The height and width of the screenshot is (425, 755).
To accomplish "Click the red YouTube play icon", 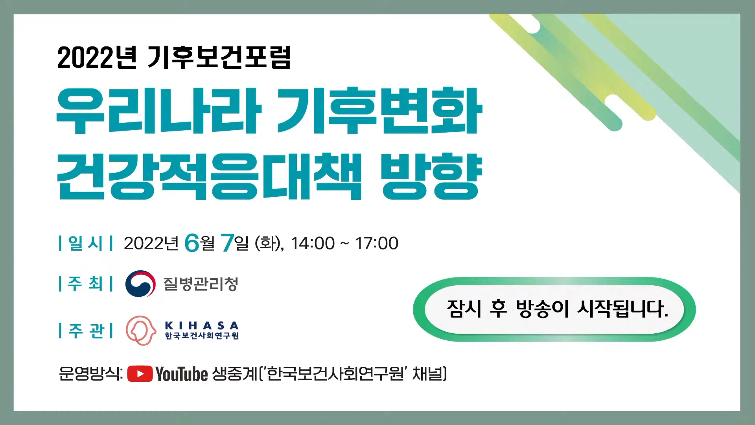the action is click(140, 374).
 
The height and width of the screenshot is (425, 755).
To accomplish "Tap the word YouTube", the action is click(182, 374).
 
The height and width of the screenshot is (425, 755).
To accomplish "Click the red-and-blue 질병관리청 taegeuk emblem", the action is click(140, 284).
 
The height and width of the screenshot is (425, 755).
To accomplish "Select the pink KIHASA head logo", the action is click(141, 331).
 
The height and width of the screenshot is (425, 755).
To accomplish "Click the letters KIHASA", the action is click(202, 326).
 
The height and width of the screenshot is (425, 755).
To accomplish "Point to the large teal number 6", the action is click(192, 243).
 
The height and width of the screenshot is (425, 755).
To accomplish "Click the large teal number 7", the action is click(227, 243).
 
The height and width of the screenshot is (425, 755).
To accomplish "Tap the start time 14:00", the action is click(313, 243).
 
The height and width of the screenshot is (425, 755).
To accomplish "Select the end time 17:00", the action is click(377, 243).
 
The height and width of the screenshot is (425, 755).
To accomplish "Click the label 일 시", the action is click(85, 243).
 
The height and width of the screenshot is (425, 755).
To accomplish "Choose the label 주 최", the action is click(85, 283).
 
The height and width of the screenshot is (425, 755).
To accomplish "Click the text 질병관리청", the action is click(201, 284).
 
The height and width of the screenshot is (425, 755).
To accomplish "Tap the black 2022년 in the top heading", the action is click(97, 57).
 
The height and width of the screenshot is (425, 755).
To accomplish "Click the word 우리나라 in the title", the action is click(158, 111).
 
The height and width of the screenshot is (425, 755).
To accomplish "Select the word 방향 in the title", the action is click(432, 177).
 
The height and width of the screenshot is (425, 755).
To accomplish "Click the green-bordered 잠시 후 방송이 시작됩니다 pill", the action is click(554, 309).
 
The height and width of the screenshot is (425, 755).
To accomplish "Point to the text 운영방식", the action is click(90, 374).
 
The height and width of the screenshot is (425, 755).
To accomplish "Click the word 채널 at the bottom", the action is click(427, 374).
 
